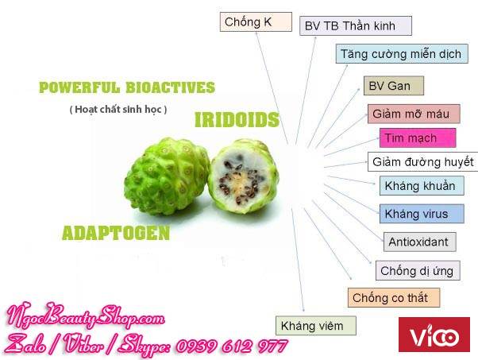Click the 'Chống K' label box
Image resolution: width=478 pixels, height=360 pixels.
pos(256,22)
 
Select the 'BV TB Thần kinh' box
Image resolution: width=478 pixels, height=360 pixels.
pos(356,26)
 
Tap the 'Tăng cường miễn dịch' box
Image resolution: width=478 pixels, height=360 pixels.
pos(402,54)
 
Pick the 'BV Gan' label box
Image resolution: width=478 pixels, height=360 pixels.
pos(394,86)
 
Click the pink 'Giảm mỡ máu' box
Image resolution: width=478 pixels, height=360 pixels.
pos(414,114)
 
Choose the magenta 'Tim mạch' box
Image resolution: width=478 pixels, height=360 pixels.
pos(418,138)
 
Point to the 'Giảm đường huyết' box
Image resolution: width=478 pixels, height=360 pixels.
pos(423,161)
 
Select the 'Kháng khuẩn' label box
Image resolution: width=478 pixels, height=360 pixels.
pos(422,185)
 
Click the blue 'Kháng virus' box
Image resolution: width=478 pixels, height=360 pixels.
pos(422,214)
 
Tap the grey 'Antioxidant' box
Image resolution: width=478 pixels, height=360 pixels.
pos(419,242)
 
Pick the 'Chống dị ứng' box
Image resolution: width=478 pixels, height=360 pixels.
pos(418,270)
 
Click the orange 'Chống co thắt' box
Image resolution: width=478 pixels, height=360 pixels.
pos(394,297)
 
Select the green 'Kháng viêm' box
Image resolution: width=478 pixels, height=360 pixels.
pos(315,326)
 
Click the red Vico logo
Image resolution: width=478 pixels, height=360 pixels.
pos(434,335)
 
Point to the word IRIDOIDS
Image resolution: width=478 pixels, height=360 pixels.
pos(237,119)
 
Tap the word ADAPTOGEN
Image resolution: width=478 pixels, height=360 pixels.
pos(116,233)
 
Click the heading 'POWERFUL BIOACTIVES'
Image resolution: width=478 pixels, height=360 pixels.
pos(127,87)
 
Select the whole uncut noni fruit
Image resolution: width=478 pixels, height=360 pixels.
pos(167,176)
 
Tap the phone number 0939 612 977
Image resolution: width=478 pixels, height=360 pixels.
pos(232,346)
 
